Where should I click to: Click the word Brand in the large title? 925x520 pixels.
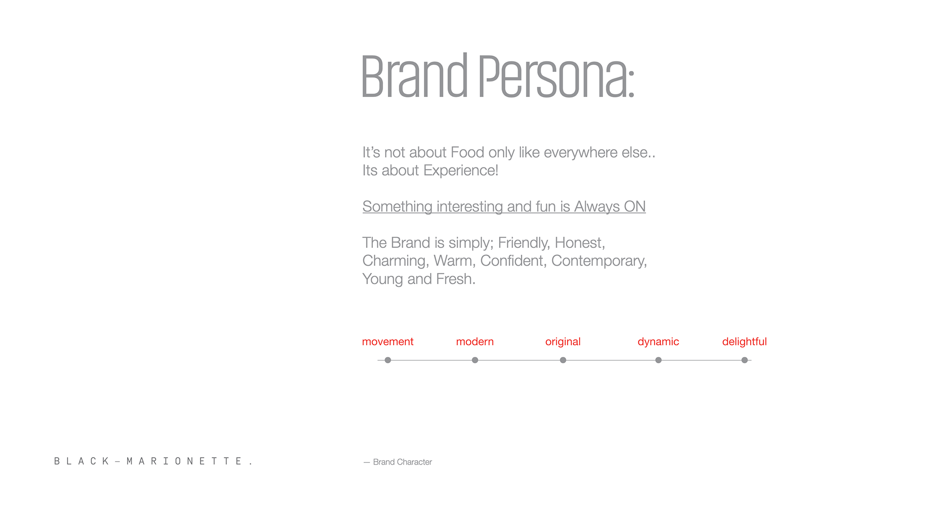pyautogui.click(x=414, y=75)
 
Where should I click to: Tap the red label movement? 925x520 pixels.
pyautogui.click(x=388, y=342)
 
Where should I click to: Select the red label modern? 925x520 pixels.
pyautogui.click(x=475, y=342)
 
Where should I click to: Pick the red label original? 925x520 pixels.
pyautogui.click(x=563, y=342)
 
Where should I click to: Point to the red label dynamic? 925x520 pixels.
pyautogui.click(x=658, y=342)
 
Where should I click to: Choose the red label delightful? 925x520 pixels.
pyautogui.click(x=744, y=342)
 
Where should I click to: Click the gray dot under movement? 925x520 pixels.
pyautogui.click(x=388, y=360)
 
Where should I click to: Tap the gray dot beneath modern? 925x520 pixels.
pyautogui.click(x=475, y=360)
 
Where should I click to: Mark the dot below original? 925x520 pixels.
pyautogui.click(x=563, y=360)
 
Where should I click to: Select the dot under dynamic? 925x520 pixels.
pyautogui.click(x=658, y=360)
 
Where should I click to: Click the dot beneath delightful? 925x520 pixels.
pyautogui.click(x=744, y=360)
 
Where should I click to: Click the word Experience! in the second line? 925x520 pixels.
pyautogui.click(x=461, y=171)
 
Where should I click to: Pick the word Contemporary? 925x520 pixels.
pyautogui.click(x=599, y=261)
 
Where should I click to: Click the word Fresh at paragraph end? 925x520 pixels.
pyautogui.click(x=454, y=279)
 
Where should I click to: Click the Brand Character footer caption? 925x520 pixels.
pyautogui.click(x=398, y=462)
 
